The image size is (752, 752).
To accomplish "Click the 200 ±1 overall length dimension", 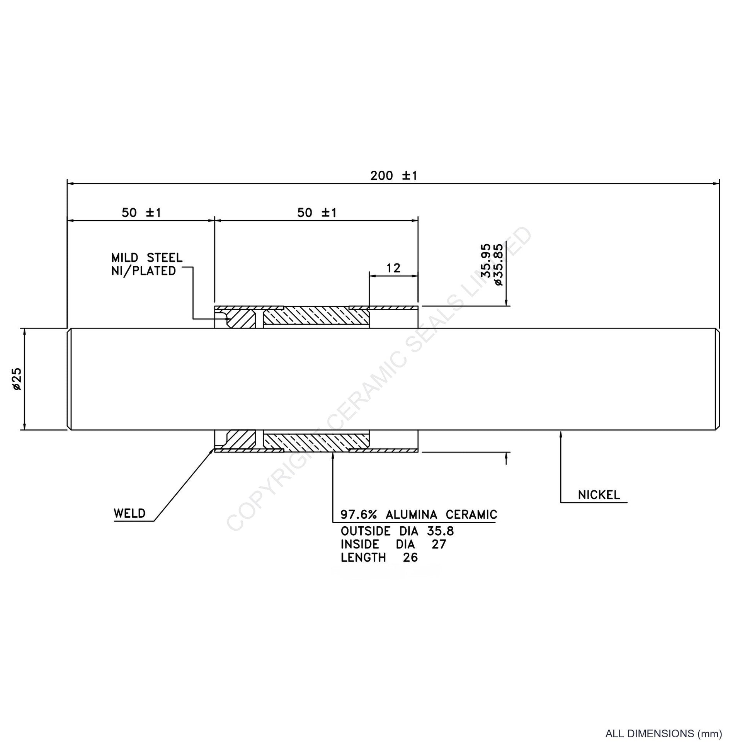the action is [x=393, y=176].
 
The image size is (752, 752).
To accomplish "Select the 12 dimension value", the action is [x=393, y=268].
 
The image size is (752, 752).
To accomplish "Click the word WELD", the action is [x=129, y=514].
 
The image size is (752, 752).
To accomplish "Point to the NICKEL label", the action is [x=599, y=495].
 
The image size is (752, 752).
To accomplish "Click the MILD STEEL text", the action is [x=147, y=258].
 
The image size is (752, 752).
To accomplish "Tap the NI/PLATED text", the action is [x=144, y=271].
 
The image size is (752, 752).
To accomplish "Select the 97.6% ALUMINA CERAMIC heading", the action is [x=419, y=515].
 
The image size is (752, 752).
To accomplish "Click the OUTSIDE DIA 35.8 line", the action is [x=397, y=531].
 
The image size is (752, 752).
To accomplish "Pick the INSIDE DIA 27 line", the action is [x=393, y=544].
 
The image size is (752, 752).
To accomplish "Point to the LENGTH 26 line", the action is [x=379, y=557].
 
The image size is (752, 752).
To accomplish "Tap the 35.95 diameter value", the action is [x=486, y=260].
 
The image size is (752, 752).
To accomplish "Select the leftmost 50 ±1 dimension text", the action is [x=141, y=213].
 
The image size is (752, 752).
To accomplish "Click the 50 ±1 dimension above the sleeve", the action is [x=317, y=213].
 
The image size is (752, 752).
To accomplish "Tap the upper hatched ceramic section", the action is [x=316, y=317].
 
